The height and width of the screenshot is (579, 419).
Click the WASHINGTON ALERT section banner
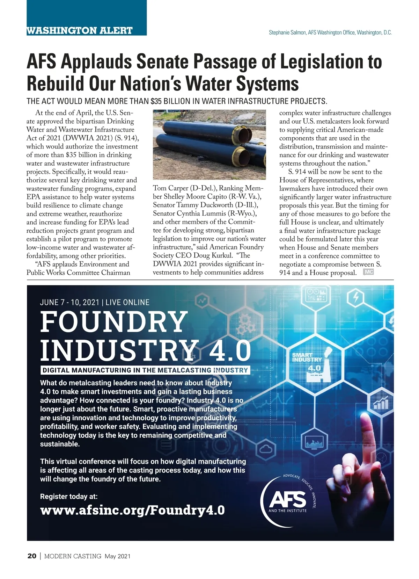pyautogui.click(x=80, y=30)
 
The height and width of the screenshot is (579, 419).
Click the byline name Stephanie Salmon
pyautogui.click(x=288, y=32)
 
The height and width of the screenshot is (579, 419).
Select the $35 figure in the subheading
pyautogui.click(x=156, y=101)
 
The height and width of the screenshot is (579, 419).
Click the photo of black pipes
pyautogui.click(x=209, y=145)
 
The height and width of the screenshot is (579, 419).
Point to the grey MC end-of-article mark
pyautogui.click(x=368, y=272)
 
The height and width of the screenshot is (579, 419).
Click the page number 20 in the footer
pyautogui.click(x=31, y=556)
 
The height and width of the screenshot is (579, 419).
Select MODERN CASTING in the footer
pyautogui.click(x=73, y=556)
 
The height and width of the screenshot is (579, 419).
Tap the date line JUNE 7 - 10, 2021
pyautogui.click(x=69, y=302)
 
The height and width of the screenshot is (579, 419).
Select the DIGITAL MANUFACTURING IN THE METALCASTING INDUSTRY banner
pyautogui.click(x=145, y=370)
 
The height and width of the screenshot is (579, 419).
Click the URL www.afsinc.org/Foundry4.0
pyautogui.click(x=133, y=510)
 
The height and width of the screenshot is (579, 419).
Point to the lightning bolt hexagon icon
pyautogui.click(x=355, y=297)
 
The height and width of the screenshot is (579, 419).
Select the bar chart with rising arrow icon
pyautogui.click(x=381, y=403)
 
